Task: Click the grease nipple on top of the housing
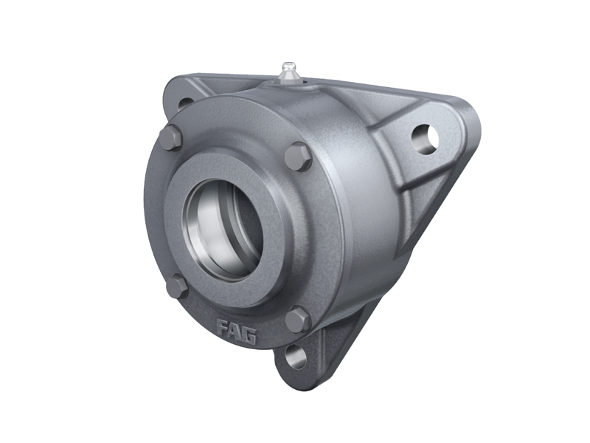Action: point(287,72)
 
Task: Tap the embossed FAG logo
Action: point(236,331)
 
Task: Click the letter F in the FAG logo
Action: point(223,326)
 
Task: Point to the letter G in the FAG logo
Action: point(249,335)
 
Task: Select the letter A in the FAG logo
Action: point(235,330)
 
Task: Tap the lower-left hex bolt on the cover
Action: point(176,287)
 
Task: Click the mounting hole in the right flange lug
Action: point(426,139)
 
